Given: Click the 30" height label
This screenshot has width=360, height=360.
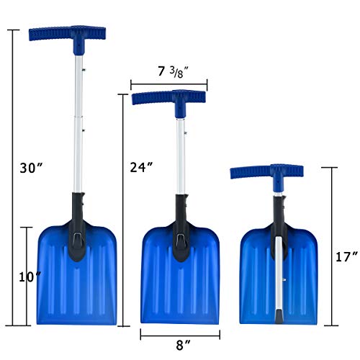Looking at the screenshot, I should [x=33, y=167].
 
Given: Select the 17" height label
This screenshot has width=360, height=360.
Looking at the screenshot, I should [x=346, y=256].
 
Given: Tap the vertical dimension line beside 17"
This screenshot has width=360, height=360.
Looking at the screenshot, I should [x=331, y=245].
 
